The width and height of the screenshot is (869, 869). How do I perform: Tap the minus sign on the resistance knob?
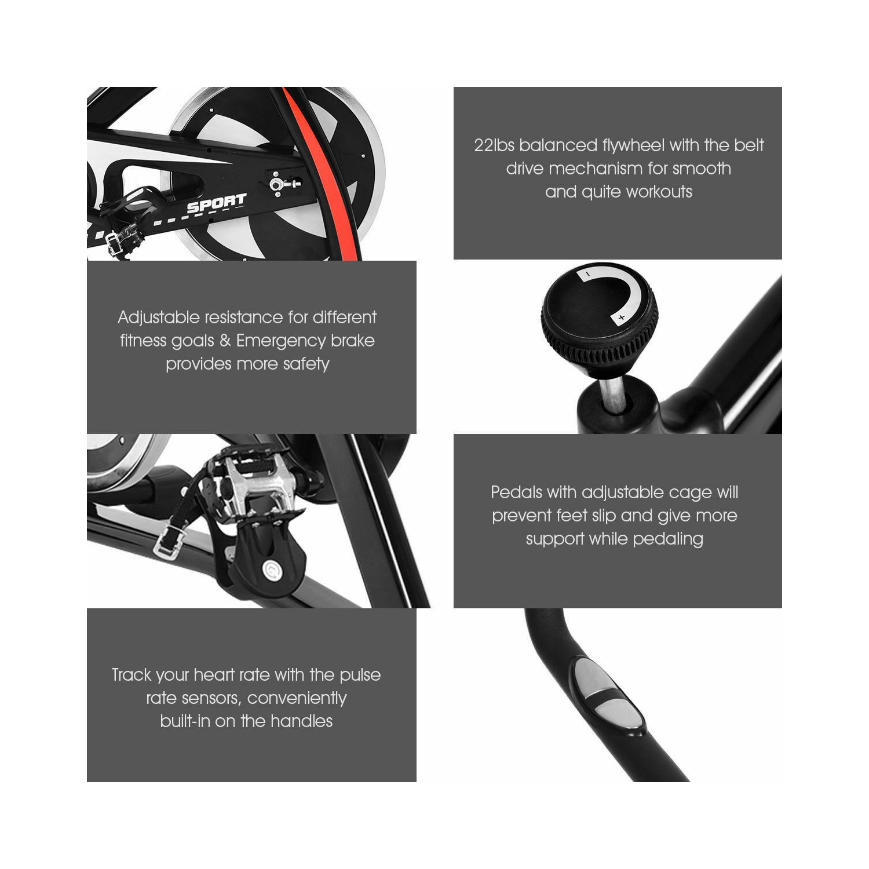[587, 273]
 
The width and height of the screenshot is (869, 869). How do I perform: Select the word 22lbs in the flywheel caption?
[494, 145]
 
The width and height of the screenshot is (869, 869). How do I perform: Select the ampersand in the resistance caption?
[225, 341]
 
